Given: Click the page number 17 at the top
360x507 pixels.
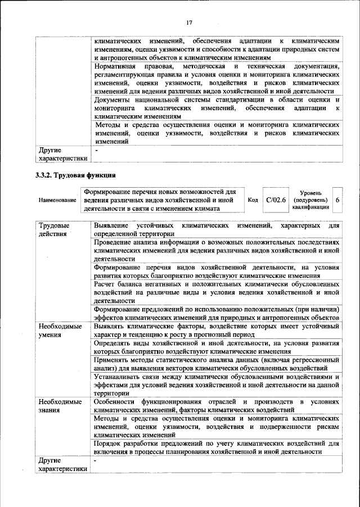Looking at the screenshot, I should (x=190, y=22).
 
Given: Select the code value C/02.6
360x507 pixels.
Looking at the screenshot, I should (x=276, y=200).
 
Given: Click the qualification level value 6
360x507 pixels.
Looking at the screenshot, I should (x=337, y=200).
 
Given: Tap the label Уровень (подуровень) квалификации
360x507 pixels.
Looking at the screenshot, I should (x=310, y=200).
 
